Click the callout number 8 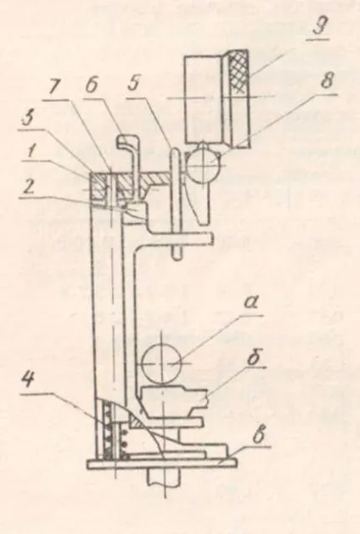pos(326,82)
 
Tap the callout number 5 pos(134,82)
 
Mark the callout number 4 pos(29,380)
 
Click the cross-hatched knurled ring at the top pos(239,72)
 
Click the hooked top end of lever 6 pos(127,142)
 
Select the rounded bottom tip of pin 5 pos(177,256)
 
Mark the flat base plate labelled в pos(162,464)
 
